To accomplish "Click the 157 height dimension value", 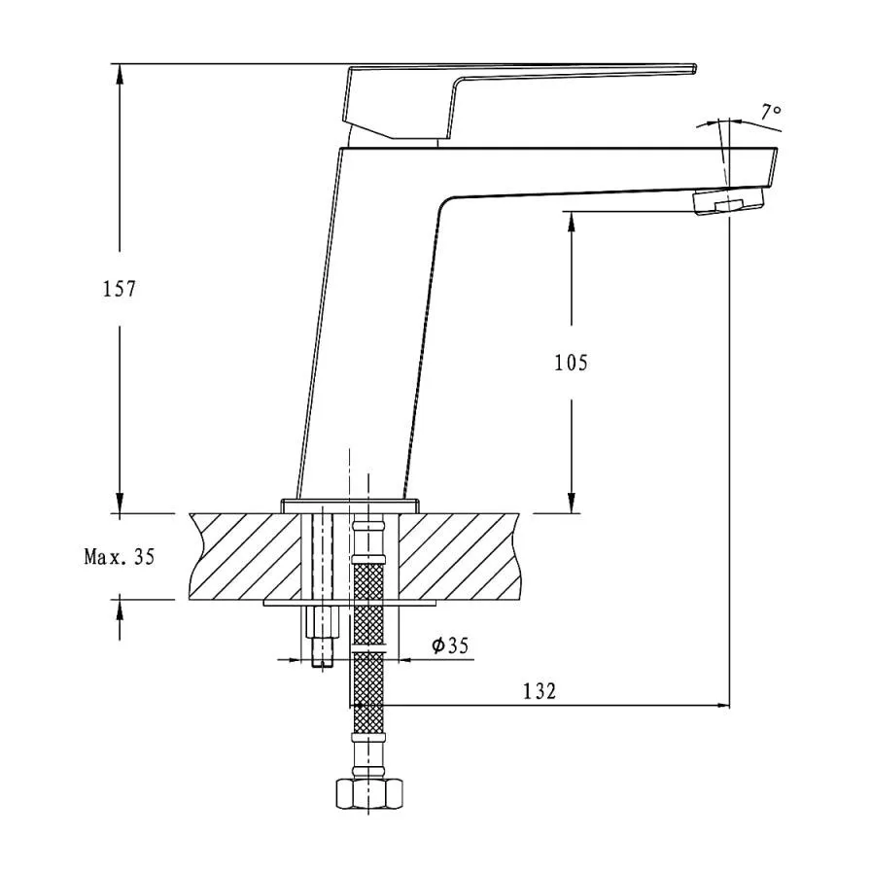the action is pos(119,289).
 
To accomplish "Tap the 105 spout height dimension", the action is pos(571,363).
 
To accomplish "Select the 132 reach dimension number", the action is pos(540,691).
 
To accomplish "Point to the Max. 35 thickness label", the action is pos(119,556).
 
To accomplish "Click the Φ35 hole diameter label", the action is pos(450,645).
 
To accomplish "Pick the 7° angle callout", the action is pos(771,112).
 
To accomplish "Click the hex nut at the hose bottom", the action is pos(368,795).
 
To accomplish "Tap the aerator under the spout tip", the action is pos(729,201).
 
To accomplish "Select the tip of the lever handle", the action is pos(694,68).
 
